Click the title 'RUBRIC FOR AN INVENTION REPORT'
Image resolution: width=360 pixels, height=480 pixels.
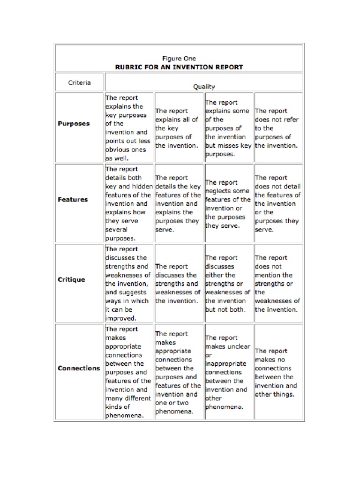pos(179,67)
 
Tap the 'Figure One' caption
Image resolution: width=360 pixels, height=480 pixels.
pos(179,59)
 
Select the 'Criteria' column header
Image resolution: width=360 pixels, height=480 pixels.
pos(79,83)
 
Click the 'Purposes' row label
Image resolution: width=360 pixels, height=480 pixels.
pos(73,124)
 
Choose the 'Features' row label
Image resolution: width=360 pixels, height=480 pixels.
pos(73,199)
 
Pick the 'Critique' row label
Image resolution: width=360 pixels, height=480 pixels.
pos(71,279)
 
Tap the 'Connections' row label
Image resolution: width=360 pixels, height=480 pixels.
pos(79,368)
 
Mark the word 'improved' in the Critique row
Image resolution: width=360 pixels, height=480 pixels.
pos(120,318)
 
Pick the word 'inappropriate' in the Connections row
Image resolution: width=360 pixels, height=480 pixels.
pos(225,364)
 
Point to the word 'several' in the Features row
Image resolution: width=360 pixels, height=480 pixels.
pos(117,230)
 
